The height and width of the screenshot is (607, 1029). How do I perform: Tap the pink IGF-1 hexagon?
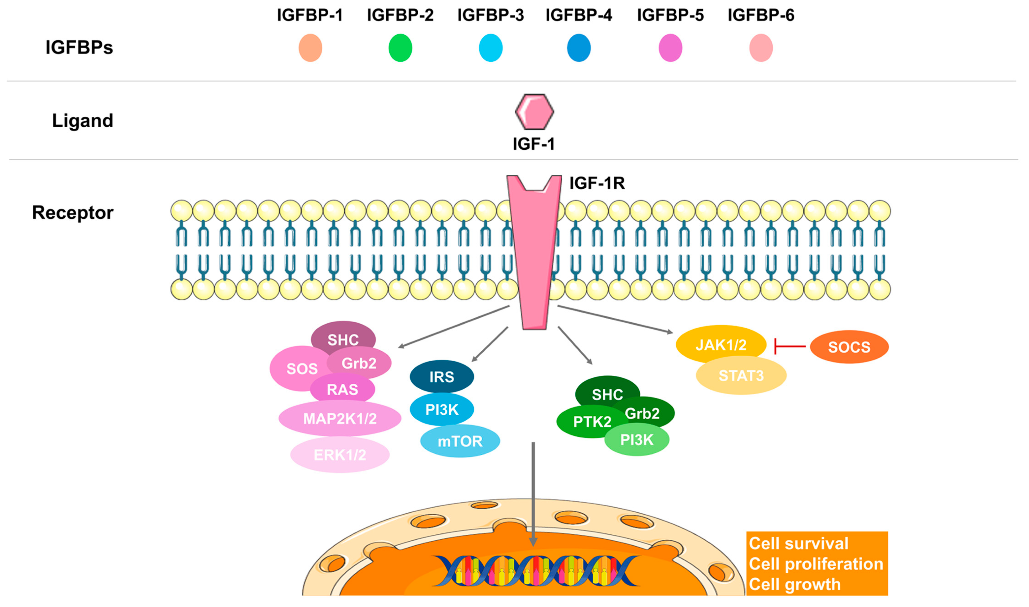click(x=534, y=112)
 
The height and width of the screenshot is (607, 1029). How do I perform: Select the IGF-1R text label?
click(x=597, y=183)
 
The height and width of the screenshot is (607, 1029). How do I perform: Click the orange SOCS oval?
click(x=849, y=347)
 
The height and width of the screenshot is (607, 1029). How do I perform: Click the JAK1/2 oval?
click(x=721, y=345)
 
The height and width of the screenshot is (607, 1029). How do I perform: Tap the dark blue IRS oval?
click(x=442, y=377)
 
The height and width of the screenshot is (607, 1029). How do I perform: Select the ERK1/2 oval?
click(x=339, y=455)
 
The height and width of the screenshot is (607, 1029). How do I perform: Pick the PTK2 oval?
click(x=589, y=422)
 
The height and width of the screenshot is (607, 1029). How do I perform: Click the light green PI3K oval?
click(x=636, y=440)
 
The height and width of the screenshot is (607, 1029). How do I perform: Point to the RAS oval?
click(x=342, y=389)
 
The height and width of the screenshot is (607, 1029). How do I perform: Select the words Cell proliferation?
click(x=816, y=564)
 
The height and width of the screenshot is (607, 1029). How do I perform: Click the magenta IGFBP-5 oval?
click(x=670, y=48)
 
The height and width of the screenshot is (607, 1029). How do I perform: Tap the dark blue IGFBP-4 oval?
click(x=579, y=48)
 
